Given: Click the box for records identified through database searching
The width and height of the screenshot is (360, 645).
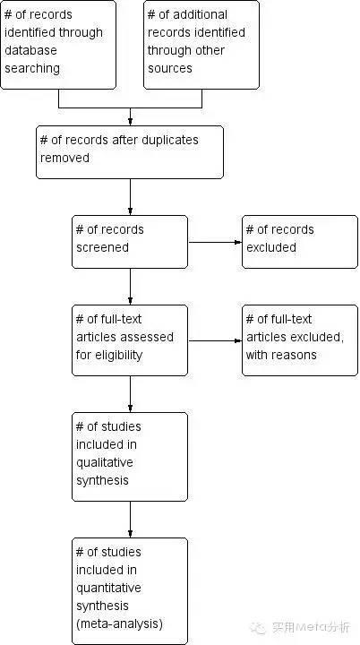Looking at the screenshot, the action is click(x=58, y=45).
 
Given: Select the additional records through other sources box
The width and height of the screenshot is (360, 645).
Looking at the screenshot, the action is click(x=201, y=45).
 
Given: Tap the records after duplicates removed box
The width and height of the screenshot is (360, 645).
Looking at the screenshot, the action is click(x=130, y=152).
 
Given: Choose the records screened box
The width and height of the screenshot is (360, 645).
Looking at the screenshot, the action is click(x=130, y=242).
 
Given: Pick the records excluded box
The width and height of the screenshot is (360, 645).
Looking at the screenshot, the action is click(x=300, y=242).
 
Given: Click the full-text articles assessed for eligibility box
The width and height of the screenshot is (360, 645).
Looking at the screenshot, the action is click(x=130, y=340).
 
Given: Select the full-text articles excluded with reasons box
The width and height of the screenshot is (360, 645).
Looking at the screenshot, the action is click(x=300, y=340).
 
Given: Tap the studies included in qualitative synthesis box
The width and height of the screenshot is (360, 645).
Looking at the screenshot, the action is click(x=130, y=457).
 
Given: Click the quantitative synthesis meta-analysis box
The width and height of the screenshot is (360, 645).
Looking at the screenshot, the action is click(x=130, y=591).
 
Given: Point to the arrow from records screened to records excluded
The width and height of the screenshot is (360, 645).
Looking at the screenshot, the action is click(x=215, y=242).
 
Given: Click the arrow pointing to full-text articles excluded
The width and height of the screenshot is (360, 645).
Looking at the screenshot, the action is click(x=215, y=340).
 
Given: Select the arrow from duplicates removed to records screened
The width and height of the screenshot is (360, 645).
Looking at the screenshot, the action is click(x=130, y=197).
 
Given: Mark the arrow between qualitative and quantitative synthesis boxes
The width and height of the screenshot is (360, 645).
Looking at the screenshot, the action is click(x=130, y=520).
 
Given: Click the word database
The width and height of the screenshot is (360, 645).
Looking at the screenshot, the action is click(x=30, y=50).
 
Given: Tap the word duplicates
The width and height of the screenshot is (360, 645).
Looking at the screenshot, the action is click(x=170, y=140).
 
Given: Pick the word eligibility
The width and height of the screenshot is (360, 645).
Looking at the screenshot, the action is click(x=119, y=355).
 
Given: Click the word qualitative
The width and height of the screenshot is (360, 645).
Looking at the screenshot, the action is click(x=105, y=463).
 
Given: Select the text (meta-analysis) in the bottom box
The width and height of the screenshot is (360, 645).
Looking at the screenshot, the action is click(x=119, y=624).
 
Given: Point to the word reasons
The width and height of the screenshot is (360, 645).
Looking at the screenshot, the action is click(x=296, y=355).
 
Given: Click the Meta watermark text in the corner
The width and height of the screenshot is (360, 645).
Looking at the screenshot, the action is click(x=312, y=627).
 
